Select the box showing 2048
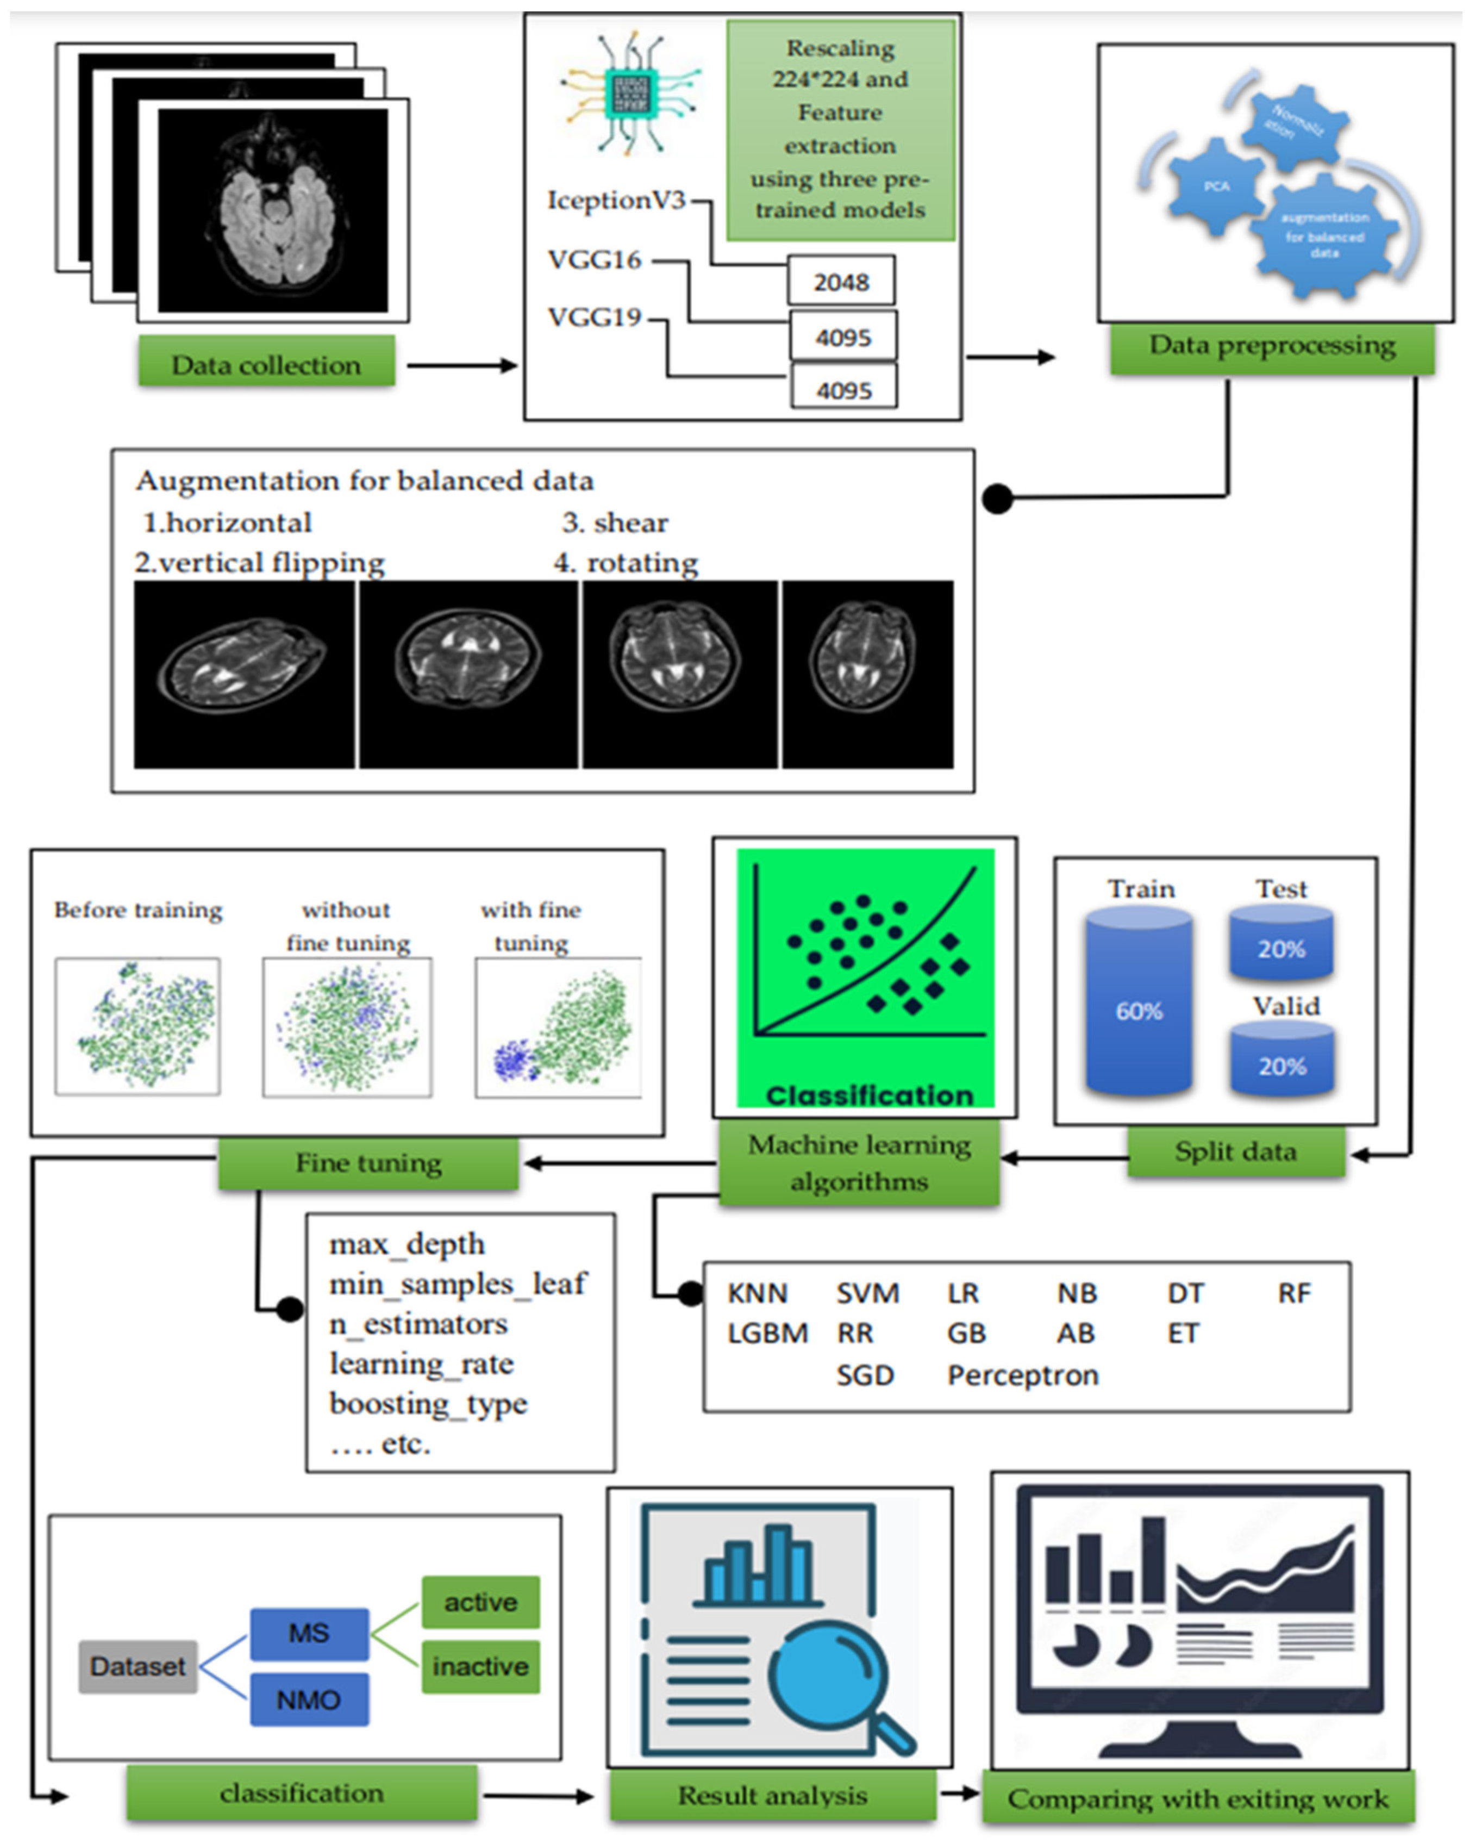[841, 281]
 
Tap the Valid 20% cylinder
[1281, 1061]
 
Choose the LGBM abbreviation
[766, 1333]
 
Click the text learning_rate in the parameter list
[421, 1363]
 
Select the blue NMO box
[309, 1699]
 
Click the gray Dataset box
[137, 1666]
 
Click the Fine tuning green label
[368, 1162]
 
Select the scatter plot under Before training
[137, 1026]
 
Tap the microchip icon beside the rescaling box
[630, 94]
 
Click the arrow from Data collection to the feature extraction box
[461, 366]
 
